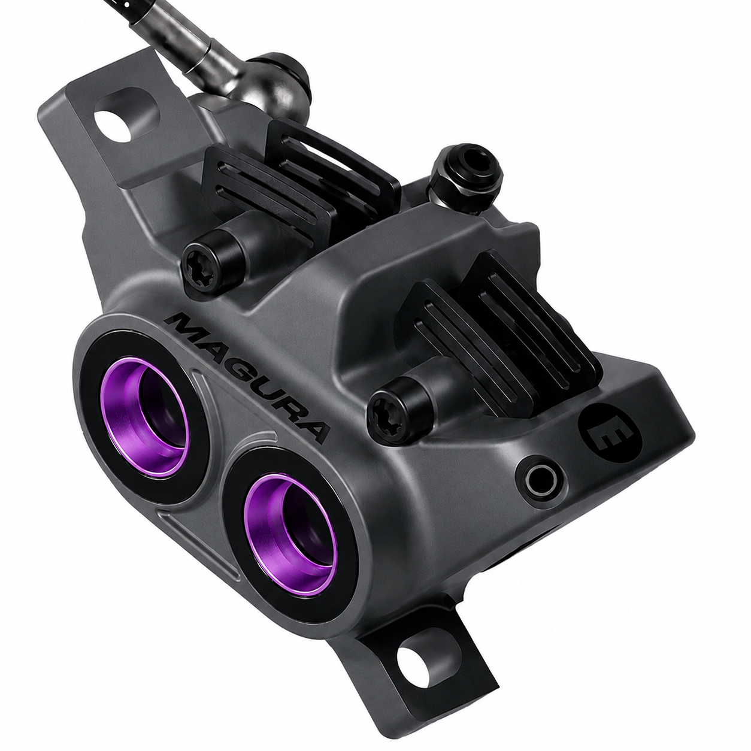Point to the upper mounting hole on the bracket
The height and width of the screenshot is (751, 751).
pyautogui.click(x=114, y=125)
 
